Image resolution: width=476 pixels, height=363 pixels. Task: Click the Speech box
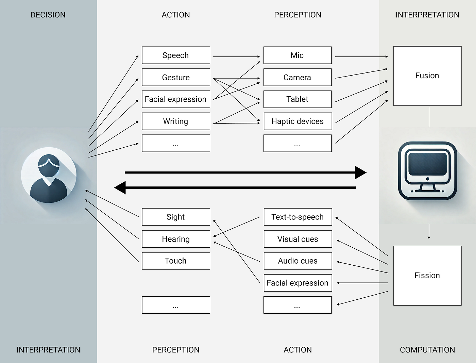176,55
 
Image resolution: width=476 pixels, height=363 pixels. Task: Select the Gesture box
176,77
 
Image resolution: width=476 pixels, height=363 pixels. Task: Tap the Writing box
176,121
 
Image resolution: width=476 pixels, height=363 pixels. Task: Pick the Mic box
297,55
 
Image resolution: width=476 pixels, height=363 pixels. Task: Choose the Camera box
297,77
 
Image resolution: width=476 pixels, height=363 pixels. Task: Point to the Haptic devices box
297,121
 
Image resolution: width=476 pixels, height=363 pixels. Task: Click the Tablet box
297,99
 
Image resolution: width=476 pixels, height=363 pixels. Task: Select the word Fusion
427,76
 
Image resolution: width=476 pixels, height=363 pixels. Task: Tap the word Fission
427,275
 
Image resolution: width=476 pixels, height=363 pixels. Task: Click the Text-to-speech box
297,217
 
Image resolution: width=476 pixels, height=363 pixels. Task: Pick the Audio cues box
297,261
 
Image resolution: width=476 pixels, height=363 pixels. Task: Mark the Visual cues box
297,239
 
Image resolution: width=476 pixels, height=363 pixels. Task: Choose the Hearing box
176,239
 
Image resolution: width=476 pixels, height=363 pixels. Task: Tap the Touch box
176,261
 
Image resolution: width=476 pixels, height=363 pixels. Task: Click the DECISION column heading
48,15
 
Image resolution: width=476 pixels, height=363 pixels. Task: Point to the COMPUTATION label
427,350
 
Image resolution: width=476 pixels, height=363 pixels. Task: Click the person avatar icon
49,175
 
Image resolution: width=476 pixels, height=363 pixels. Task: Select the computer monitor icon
427,171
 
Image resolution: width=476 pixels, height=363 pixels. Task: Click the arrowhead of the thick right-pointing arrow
361,172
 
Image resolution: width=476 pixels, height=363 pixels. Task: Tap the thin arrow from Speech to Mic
236,56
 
